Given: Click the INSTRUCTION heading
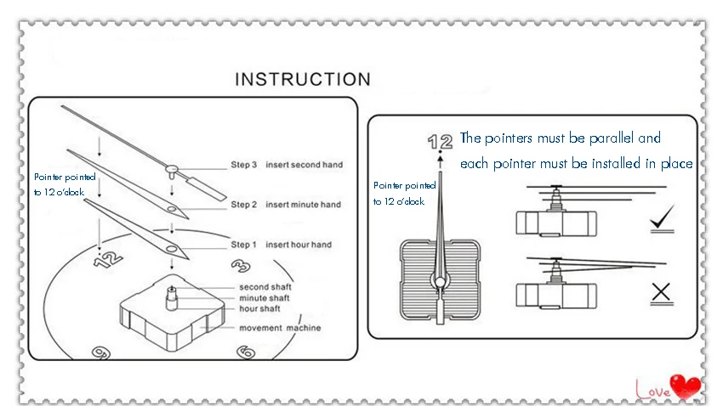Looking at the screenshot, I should pos(303,80).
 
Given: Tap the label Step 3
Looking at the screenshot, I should pos(243,165).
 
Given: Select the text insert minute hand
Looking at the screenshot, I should pos(303,205).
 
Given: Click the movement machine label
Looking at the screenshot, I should pos(280,328).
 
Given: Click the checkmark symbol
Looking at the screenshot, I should pos(661,223).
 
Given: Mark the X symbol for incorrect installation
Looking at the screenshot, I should pos(661,294).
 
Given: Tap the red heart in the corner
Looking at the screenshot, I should pos(685,387).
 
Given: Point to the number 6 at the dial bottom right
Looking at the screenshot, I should pos(246,351).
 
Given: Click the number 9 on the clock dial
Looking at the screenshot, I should pos(100,352).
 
